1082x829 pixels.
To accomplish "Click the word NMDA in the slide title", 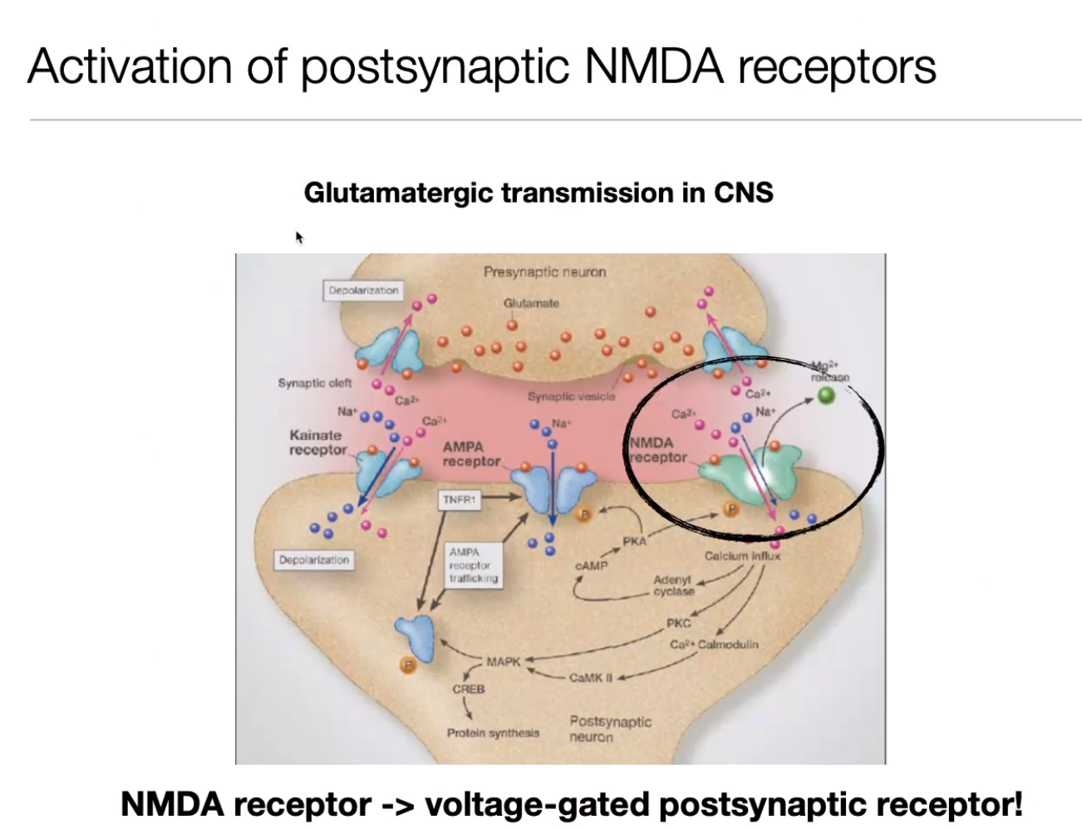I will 655,66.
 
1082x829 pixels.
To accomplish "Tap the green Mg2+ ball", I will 825,395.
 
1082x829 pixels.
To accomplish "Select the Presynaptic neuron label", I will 544,272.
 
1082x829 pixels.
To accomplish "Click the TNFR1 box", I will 459,499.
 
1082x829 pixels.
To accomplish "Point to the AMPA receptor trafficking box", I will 473,565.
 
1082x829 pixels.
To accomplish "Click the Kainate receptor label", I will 317,442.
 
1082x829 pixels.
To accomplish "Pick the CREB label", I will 469,689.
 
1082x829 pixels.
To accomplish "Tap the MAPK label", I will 503,661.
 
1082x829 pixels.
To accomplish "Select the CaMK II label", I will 590,677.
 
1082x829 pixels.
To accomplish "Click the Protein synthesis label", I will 493,733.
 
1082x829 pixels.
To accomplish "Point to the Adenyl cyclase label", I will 673,586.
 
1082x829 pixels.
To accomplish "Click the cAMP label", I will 591,565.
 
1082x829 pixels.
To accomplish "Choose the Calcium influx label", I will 742,556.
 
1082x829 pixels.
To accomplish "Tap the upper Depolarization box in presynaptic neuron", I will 363,290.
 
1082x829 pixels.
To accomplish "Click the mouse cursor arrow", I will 298,237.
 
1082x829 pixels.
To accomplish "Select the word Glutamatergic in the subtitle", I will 398,193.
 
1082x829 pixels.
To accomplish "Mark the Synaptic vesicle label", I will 571,396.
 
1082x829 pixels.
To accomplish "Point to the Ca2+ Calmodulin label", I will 714,644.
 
